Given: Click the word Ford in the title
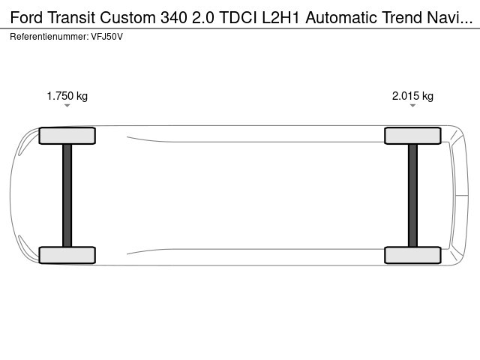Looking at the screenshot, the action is click(x=26, y=17).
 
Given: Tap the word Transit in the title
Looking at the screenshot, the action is click(x=71, y=17).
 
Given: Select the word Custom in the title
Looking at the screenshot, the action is click(x=127, y=17).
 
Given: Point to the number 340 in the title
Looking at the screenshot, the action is click(x=173, y=17).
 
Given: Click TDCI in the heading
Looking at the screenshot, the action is click(x=238, y=17).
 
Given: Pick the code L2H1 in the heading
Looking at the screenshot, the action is click(x=280, y=17).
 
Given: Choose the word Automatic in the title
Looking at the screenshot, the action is click(x=342, y=17).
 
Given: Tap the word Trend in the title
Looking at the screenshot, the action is click(x=402, y=17).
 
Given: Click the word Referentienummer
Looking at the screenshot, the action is click(x=49, y=37).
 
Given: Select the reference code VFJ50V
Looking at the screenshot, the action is click(x=106, y=37).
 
